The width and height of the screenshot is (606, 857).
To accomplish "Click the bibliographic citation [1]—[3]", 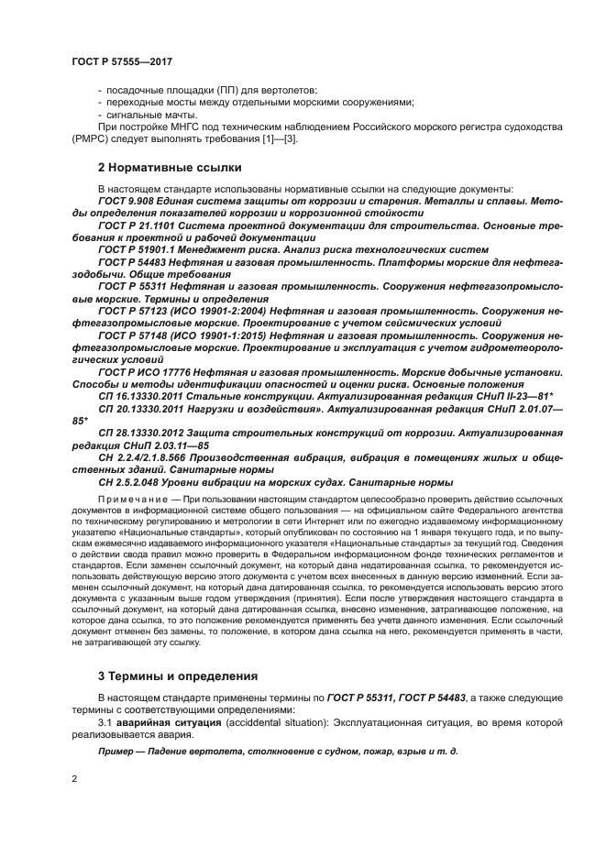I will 278,138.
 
